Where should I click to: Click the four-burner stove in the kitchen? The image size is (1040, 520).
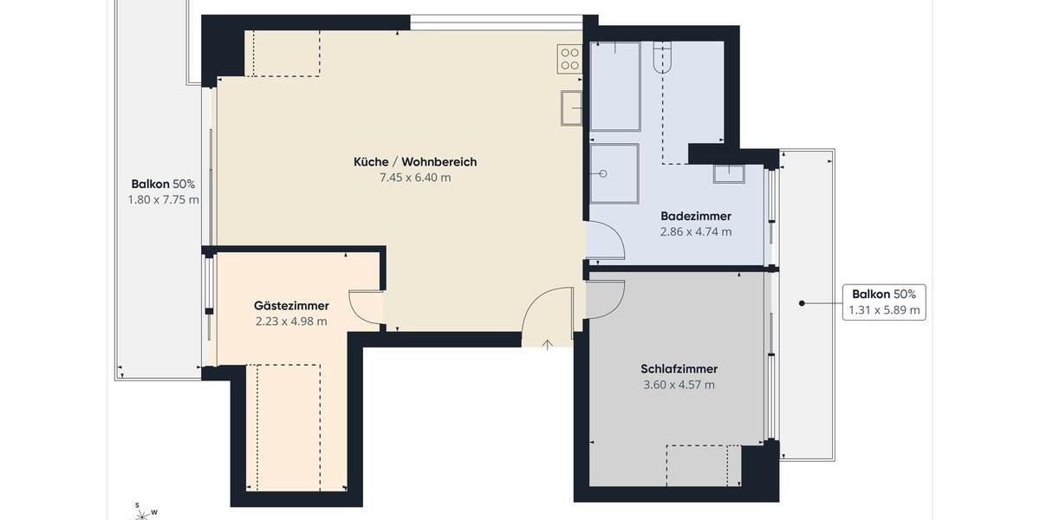click(569, 59)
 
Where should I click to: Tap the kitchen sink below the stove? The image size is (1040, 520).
click(571, 108)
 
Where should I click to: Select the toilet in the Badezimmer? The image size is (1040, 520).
click(662, 57)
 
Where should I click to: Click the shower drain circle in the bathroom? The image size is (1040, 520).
click(603, 173)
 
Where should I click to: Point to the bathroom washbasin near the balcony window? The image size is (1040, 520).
click(728, 172)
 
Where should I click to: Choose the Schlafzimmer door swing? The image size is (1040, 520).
click(603, 298)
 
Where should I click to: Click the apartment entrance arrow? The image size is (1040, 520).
click(548, 345)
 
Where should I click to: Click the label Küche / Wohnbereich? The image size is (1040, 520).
click(414, 162)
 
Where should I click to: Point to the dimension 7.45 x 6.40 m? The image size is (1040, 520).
click(414, 178)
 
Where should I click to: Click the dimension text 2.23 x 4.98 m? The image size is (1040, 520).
click(291, 322)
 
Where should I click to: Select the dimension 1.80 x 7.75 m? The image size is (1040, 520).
click(163, 199)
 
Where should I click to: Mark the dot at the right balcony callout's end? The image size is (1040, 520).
click(802, 303)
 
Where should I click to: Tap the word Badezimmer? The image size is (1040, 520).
click(695, 216)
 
